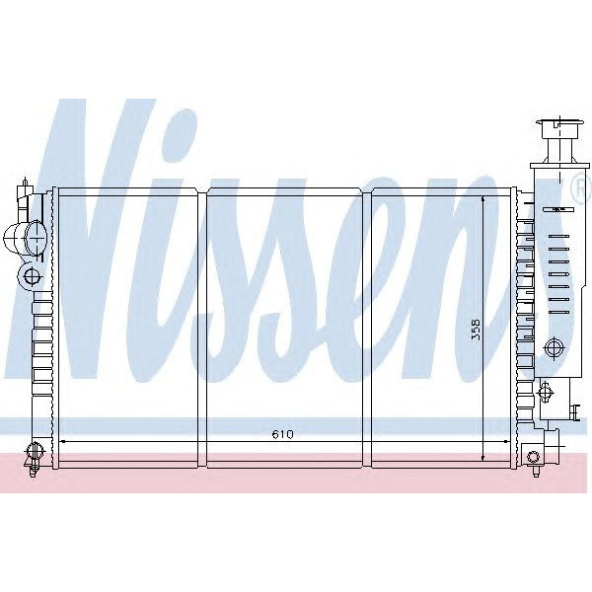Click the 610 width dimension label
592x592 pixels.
coord(282,434)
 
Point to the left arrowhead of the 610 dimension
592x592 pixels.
coord(64,442)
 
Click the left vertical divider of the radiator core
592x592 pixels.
coord(204,326)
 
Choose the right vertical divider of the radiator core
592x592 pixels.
coord(369,326)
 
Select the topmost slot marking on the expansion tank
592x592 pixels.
coord(556,210)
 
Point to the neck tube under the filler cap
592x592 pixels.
coord(555,153)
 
